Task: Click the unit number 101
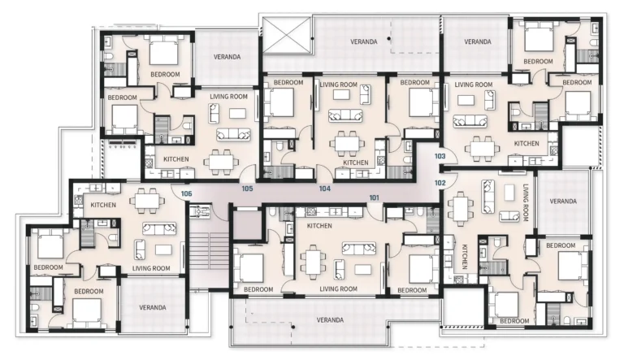point(374,197)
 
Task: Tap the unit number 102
point(440,183)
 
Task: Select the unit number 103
point(440,156)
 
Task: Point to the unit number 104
point(325,189)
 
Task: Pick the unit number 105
point(247,189)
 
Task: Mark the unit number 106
point(186,194)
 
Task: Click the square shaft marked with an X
point(288,37)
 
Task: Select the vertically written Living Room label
point(526,202)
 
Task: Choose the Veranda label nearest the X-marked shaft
point(364,41)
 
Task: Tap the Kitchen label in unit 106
point(103,205)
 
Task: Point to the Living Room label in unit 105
point(228,97)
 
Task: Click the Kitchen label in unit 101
point(319,226)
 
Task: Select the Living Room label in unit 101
point(338,288)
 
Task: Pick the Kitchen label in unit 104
point(356,163)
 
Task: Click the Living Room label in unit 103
point(474,85)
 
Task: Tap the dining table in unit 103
point(482,149)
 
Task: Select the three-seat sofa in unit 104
point(345,115)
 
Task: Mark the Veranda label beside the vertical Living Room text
point(563,201)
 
